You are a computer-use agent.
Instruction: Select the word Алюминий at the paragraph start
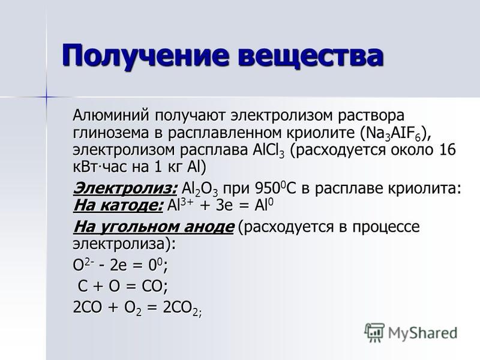111,115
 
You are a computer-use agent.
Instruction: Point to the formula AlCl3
269,151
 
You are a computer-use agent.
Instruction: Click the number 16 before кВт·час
447,150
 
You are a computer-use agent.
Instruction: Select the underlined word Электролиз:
125,188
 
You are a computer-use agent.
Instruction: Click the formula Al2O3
200,189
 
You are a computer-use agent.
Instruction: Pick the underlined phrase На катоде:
118,205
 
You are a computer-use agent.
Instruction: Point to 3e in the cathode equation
224,206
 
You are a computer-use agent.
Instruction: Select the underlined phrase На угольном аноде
154,227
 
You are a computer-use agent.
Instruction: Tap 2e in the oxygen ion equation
118,265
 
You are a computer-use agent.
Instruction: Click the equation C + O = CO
122,286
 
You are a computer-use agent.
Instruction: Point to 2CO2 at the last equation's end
182,308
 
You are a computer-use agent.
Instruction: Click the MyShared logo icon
374,333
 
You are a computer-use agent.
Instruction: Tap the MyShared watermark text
423,334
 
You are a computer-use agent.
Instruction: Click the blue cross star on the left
47,97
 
